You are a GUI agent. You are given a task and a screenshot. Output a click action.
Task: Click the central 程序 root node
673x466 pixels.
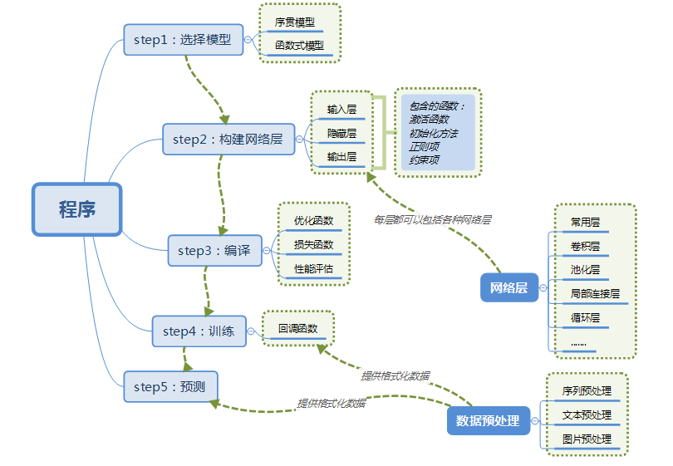coord(76,209)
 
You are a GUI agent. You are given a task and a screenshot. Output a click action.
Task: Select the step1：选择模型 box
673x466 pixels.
coord(183,39)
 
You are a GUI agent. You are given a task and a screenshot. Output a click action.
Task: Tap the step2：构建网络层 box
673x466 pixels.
coord(228,140)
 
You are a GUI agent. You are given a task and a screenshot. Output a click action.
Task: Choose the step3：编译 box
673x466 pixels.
coord(214,250)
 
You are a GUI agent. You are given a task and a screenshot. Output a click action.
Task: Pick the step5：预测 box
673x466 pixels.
coord(170,386)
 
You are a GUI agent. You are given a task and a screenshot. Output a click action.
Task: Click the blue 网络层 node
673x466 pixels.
coord(509,287)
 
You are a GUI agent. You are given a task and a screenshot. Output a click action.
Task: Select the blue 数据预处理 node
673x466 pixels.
coord(488,420)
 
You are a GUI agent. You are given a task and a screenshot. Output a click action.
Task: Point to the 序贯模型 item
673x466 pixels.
coord(295,22)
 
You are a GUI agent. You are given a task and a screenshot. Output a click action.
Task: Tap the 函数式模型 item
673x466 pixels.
coord(299,46)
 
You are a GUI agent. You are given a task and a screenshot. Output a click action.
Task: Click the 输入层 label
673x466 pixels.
coord(341,110)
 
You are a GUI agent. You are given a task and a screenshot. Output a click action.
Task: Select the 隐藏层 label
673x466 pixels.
coord(341,133)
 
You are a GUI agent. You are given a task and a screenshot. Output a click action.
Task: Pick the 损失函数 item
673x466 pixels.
coord(313,244)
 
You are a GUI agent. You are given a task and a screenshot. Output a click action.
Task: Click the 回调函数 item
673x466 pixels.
coord(297,328)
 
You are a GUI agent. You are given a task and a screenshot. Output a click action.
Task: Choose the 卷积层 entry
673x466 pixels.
coord(585,246)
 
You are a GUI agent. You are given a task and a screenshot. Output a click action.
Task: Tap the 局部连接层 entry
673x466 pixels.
coord(594,293)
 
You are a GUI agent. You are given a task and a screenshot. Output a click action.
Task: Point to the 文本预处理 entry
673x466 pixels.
coord(587,414)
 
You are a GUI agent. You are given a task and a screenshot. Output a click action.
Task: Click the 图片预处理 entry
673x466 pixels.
coord(587,439)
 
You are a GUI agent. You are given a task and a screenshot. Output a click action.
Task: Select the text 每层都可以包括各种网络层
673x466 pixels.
coord(432,220)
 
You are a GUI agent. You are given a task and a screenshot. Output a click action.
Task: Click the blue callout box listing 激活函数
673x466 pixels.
coord(437,133)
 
